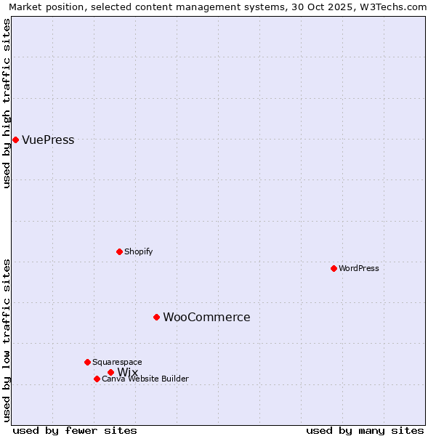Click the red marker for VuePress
coord(15,140)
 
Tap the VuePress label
coord(48,140)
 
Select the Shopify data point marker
coord(119,251)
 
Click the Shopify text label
coord(138,251)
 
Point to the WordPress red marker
coord(334,268)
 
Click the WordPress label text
coord(359,268)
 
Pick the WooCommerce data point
coord(156,317)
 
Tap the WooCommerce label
coord(206,318)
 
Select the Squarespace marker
coord(87,362)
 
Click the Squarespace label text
coord(117,362)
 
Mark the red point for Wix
coord(110,372)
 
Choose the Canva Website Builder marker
coord(97,379)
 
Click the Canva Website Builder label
coord(145,379)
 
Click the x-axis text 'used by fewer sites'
coord(75,430)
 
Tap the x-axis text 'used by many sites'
coord(365,430)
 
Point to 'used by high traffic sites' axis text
coord(7,103)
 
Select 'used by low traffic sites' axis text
coord(7,340)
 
